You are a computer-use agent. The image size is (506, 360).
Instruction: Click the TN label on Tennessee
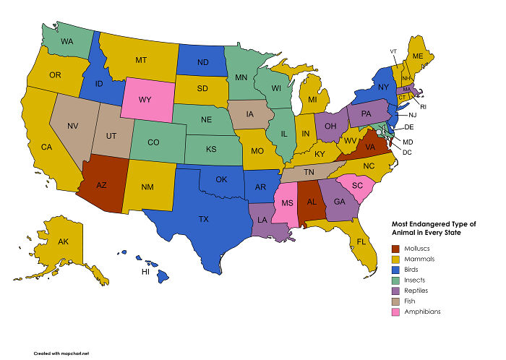(x=308, y=172)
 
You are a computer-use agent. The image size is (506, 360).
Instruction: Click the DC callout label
(x=407, y=152)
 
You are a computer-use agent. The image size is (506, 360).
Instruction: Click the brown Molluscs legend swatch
(x=395, y=248)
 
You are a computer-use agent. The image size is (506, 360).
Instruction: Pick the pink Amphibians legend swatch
(x=395, y=312)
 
